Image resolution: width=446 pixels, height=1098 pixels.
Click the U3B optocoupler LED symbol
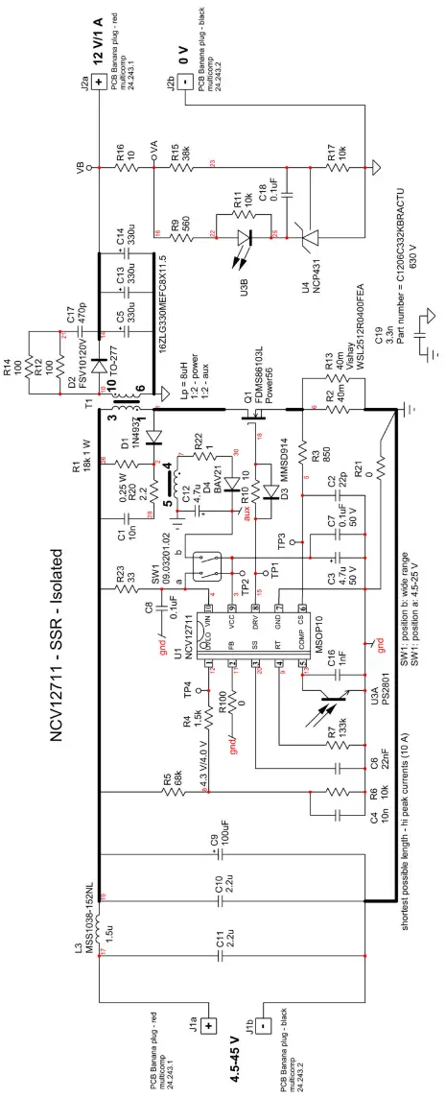pos(246,236)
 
